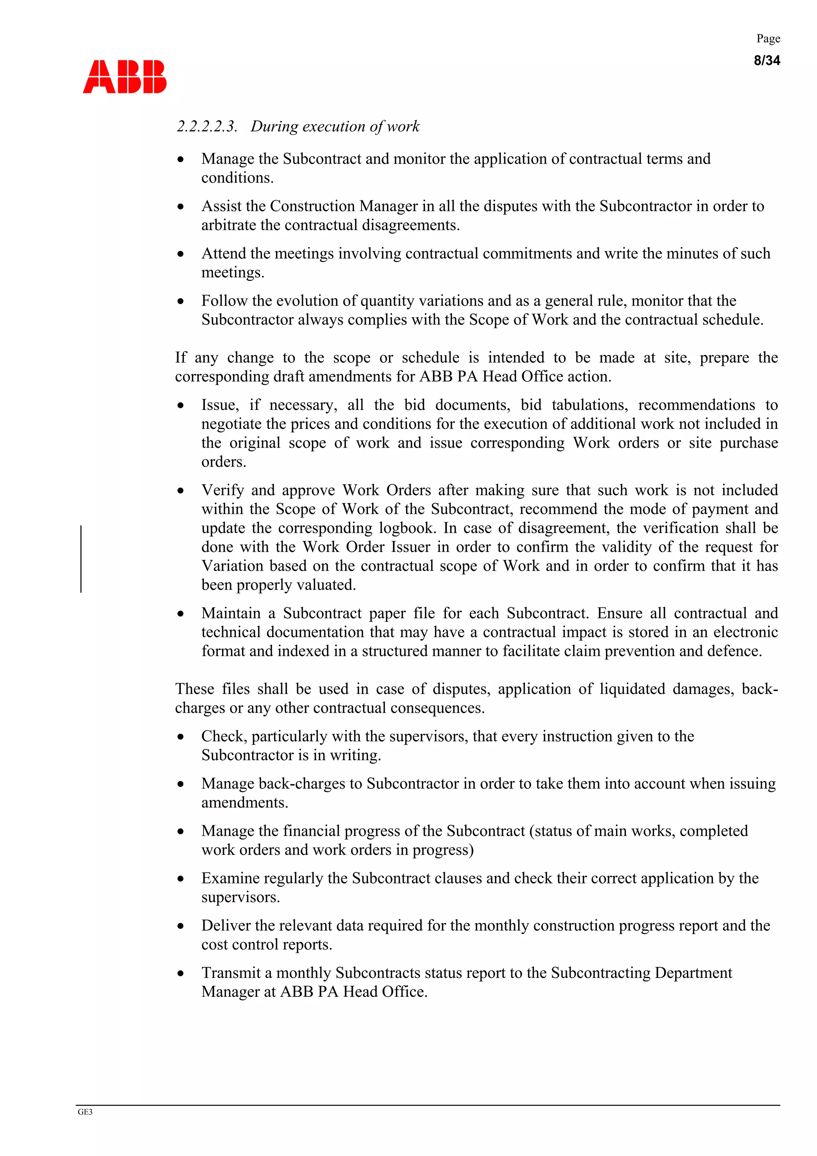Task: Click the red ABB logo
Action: pyautogui.click(x=124, y=77)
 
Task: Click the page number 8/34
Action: pyautogui.click(x=766, y=60)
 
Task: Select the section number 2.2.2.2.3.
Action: pyautogui.click(x=206, y=126)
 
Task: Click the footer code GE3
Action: pyautogui.click(x=85, y=1112)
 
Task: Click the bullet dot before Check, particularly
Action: pyautogui.click(x=181, y=737)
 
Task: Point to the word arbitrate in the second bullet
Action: pyautogui.click(x=229, y=225)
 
